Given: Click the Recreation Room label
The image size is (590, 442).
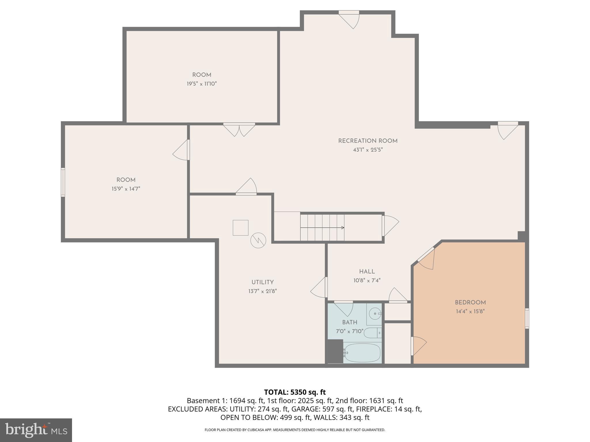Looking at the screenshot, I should click(x=368, y=141).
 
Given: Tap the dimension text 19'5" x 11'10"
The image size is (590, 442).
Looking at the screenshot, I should click(x=202, y=84).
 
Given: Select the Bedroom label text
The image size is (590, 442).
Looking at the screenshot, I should click(x=470, y=302).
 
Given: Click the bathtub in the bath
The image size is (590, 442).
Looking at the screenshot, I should click(x=362, y=353).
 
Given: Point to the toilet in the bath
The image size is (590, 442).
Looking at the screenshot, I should click(x=372, y=333).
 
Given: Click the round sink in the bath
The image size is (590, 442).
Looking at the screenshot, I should click(x=375, y=313).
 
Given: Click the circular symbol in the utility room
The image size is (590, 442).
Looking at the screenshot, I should click(x=258, y=240).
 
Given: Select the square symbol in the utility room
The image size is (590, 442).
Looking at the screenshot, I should click(x=241, y=228).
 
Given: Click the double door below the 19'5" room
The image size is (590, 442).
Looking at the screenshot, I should click(x=239, y=129).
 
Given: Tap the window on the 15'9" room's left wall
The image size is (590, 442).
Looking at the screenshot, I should click(x=63, y=182).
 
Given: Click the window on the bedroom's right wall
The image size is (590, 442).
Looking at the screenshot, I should click(x=527, y=318).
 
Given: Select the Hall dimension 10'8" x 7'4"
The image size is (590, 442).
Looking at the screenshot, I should click(x=367, y=281).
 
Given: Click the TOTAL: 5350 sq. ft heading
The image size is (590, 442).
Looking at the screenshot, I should click(x=295, y=392).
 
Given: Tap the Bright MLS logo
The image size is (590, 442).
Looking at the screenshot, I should click(x=36, y=430).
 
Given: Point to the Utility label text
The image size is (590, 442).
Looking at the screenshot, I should click(x=262, y=282).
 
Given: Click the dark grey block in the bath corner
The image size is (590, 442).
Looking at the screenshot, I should click(x=335, y=351).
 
